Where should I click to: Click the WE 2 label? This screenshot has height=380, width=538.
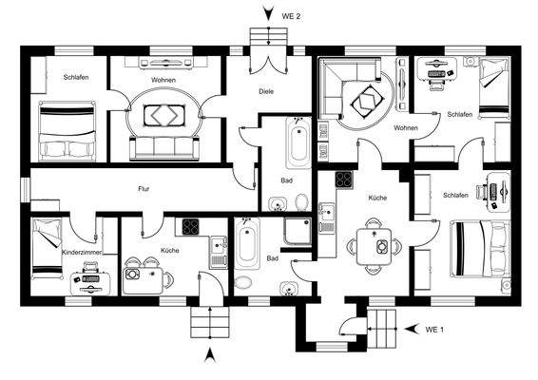point(291,16)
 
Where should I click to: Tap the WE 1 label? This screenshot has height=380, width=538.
point(434,330)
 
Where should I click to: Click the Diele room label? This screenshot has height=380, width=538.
point(266,91)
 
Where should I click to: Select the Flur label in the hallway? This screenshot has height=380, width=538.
point(144,189)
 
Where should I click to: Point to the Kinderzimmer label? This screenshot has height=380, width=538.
point(82,252)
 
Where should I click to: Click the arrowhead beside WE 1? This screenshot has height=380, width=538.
point(412,329)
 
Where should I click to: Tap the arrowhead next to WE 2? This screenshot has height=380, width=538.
point(269,13)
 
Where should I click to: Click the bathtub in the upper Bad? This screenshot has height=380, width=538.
point(298,142)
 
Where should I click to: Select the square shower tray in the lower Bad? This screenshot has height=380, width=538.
point(298,232)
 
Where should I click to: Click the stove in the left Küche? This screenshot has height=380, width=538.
point(190,227)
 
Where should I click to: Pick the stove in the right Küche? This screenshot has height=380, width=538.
point(344,180)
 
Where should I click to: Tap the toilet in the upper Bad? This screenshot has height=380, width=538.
point(301,202)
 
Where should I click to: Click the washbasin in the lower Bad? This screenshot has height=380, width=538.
point(288,289)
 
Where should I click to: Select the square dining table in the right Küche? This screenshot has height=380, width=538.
point(374,246)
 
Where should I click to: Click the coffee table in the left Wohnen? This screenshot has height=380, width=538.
point(164,116)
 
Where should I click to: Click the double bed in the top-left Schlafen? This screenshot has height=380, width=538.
point(67,131)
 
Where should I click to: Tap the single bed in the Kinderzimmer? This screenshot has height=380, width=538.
point(48,249)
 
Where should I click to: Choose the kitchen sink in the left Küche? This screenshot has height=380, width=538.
point(219,252)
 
